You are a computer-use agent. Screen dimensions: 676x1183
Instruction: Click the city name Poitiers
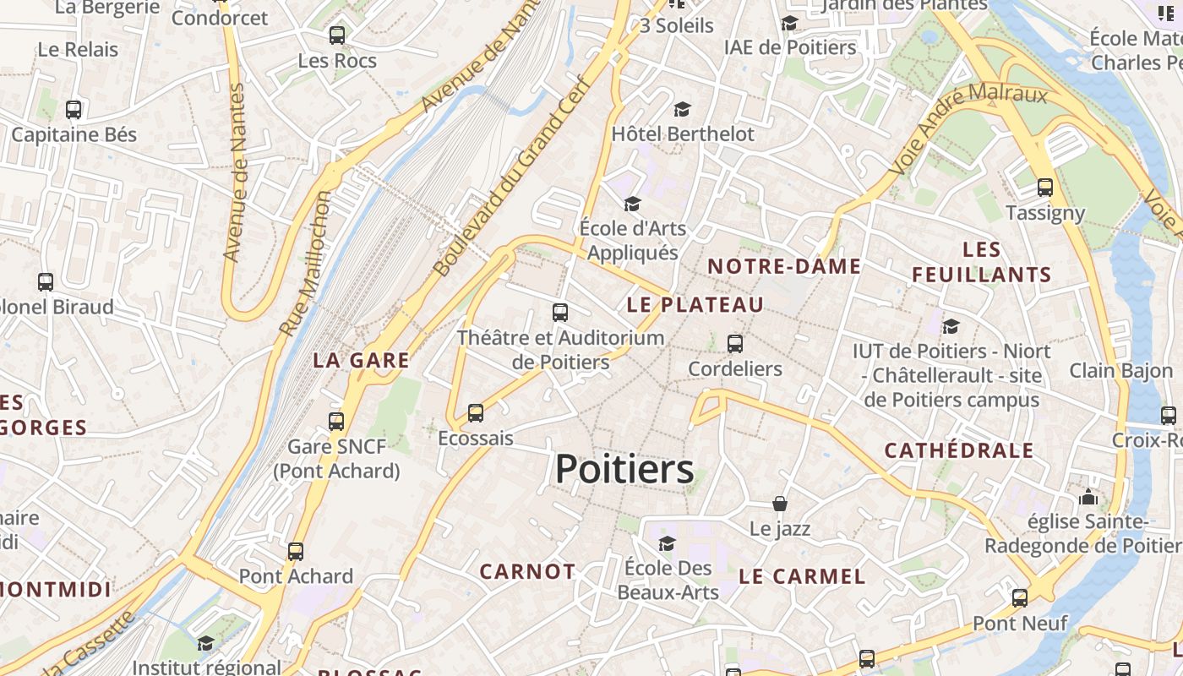[x=624, y=469]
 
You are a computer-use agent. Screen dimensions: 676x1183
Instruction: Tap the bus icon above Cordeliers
[x=735, y=343]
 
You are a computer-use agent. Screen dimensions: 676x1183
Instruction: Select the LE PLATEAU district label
[x=695, y=304]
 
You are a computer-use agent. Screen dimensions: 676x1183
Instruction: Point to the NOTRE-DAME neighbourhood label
[x=784, y=266]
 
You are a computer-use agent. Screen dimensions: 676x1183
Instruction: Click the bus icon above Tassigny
[x=1045, y=187]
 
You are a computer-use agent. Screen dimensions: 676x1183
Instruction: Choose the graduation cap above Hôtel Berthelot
[x=682, y=109]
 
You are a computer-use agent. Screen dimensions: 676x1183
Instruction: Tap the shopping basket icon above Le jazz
[x=780, y=504]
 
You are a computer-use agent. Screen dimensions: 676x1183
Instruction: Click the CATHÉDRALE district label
[x=959, y=450]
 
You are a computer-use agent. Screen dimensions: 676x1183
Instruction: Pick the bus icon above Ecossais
[x=476, y=413]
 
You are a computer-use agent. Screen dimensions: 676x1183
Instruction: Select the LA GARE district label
[x=361, y=360]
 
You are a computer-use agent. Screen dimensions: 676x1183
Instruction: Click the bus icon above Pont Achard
[x=296, y=551]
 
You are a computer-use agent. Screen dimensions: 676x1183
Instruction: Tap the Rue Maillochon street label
[x=306, y=264]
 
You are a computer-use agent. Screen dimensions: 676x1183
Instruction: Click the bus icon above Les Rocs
[x=337, y=35]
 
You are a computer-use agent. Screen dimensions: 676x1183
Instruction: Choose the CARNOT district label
[x=527, y=571]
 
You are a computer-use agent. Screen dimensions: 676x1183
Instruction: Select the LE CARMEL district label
[x=802, y=576]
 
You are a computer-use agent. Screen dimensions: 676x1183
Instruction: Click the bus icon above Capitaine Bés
[x=74, y=109]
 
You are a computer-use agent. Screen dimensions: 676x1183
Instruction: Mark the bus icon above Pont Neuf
[x=1020, y=598]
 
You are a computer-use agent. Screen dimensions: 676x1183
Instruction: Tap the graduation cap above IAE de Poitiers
[x=789, y=23]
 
